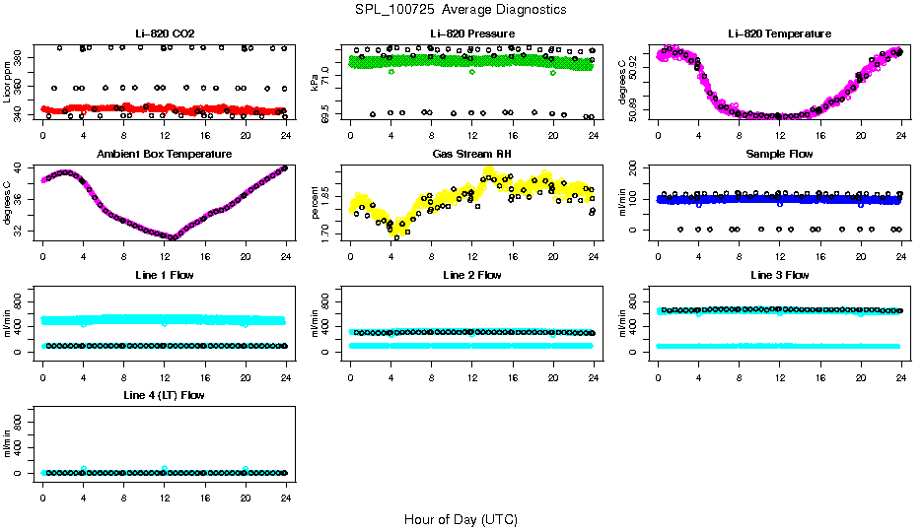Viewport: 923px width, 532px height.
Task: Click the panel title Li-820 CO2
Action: [x=164, y=34]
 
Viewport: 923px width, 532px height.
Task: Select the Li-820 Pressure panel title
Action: [x=471, y=34]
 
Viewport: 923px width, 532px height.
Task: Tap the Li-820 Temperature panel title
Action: [x=779, y=34]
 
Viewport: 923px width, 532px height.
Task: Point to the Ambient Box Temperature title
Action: [x=164, y=155]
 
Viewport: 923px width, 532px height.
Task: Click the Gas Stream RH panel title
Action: [x=471, y=155]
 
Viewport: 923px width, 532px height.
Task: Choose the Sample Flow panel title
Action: [x=779, y=155]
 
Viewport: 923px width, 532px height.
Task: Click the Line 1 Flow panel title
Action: [x=164, y=275]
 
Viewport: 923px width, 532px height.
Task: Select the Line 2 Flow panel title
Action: [x=471, y=275]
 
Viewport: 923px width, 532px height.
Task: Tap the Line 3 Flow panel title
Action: [x=779, y=275]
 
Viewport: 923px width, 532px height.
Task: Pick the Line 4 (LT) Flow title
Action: [x=164, y=395]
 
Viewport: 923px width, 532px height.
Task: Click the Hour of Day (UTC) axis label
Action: [x=461, y=519]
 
